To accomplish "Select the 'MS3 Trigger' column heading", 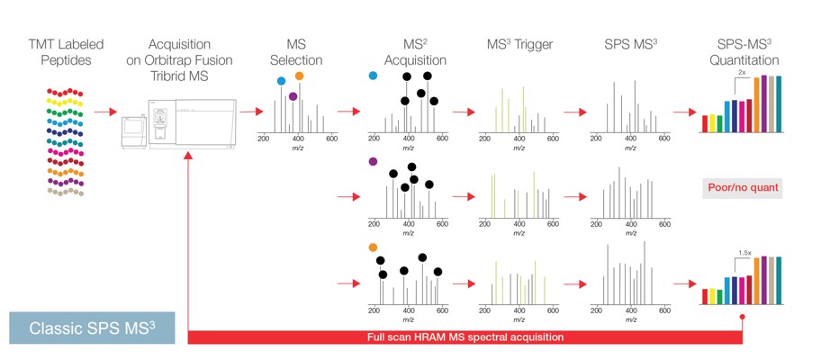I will pos(519,43).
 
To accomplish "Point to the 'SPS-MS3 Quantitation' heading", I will pos(742,51).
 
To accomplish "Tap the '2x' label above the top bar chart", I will pos(741,71).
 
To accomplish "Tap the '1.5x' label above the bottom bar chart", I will pos(744,253).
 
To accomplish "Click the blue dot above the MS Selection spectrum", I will pos(282,81).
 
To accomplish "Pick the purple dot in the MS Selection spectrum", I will pos(293,95).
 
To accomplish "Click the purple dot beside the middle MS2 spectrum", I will pos(374,162).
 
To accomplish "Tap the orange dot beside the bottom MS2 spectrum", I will pos(374,247).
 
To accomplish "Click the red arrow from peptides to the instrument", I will pos(105,112).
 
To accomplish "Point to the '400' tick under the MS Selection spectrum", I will pos(297,139).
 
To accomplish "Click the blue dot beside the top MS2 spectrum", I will pos(374,76).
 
